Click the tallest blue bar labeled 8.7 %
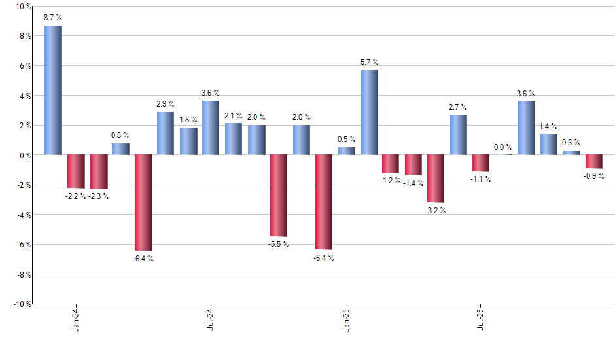point(53,90)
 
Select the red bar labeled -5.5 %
point(279,195)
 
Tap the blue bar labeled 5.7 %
point(369,113)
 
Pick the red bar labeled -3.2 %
point(436,178)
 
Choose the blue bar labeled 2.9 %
point(166,134)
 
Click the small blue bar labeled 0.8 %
point(120,149)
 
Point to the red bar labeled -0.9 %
point(594,162)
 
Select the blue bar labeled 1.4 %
point(549,145)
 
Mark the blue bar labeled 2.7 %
point(459,135)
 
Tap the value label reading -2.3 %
point(98,196)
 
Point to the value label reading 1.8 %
point(188,120)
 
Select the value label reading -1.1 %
point(481,179)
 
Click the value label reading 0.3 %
point(571,143)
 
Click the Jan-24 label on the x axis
point(76,319)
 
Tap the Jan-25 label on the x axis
point(346,319)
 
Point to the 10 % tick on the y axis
point(22,7)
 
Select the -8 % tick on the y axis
point(22,274)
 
